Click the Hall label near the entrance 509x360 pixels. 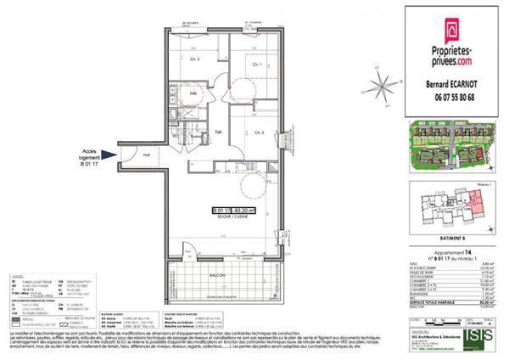click(x=146, y=155)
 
